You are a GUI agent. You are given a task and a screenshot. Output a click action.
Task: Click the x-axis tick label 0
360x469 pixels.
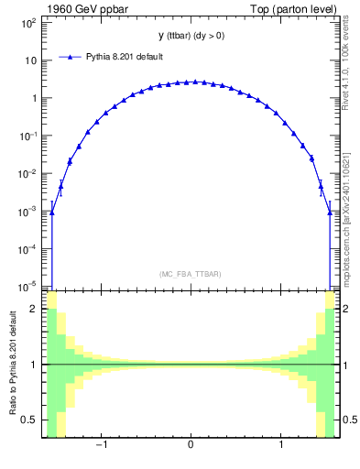(191, 446)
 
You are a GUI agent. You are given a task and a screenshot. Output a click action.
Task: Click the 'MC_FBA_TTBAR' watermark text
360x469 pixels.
(190, 274)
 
